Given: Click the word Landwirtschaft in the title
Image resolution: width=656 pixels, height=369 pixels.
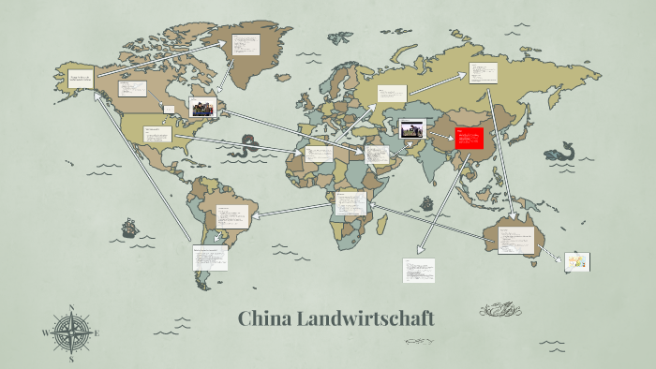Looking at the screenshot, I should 365,318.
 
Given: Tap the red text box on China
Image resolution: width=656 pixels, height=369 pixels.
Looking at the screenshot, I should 469,140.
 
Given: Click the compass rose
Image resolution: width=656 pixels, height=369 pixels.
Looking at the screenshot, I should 70,332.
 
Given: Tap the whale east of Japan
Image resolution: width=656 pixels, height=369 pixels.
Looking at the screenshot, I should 562,151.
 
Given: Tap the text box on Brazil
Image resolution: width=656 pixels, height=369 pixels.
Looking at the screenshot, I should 230,216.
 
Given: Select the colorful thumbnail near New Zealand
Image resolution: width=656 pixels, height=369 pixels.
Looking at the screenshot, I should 576,263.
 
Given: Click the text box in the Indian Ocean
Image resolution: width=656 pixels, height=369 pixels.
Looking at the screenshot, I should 419,270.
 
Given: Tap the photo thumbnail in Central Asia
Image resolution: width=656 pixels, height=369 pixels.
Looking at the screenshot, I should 412,129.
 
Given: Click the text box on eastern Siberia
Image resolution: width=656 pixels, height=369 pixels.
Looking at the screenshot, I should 484,73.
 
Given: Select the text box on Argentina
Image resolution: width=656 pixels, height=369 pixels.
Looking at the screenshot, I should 210,258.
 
